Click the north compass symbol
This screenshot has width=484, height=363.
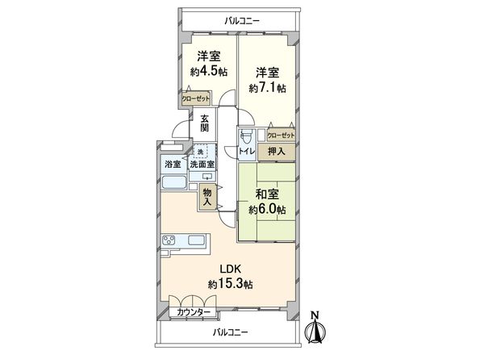pos(315,328)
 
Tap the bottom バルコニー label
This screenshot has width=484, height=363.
pos(231,332)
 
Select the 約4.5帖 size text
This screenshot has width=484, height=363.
pos(209,72)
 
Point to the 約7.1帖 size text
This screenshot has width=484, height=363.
pos(267,87)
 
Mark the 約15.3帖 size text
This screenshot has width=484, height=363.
pos(231,284)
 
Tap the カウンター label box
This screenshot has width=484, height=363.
pos(194,311)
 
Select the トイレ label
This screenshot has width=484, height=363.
pos(248,151)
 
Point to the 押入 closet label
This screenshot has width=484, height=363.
pos(277,150)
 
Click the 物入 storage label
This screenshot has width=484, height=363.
pos(207,198)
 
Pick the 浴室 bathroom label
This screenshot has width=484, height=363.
pos(173,165)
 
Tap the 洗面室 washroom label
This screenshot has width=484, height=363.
pos(202,165)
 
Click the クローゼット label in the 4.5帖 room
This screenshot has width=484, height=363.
pos(196,98)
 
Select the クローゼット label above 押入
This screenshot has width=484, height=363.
pos(281,136)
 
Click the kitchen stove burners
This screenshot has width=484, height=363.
pos(170,240)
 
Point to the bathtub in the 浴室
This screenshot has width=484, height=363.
pos(173,182)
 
